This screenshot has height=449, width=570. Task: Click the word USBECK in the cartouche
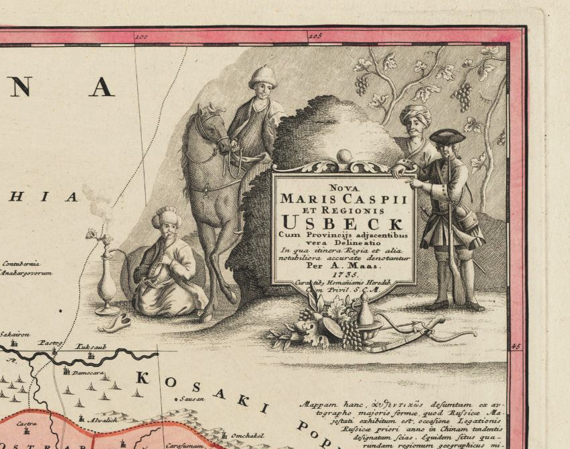click(343, 221)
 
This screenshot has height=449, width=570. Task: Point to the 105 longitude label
click(316, 36)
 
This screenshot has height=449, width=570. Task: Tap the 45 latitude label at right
click(516, 346)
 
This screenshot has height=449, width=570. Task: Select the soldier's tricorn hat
click(447, 136)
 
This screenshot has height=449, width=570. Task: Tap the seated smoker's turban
click(166, 217)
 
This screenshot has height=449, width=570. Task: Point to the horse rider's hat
click(263, 76)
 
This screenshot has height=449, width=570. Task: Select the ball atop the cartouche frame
click(344, 156)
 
